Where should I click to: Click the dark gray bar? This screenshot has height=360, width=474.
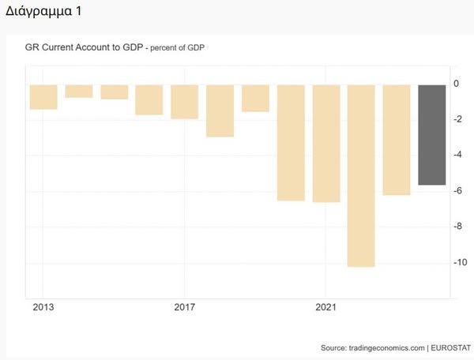coord(431,134)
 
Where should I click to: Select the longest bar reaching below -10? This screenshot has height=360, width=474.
coord(361,175)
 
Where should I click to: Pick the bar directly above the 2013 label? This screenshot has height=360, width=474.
coord(43,96)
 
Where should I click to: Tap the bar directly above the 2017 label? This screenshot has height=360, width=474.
coord(184,101)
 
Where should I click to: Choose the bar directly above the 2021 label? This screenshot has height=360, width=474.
coord(325,143)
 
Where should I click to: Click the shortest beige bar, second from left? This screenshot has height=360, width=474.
coord(79,91)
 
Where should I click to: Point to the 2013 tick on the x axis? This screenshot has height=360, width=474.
coord(43,306)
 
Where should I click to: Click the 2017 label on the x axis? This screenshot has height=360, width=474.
coord(184,306)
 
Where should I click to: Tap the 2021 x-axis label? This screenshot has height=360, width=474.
coord(325,306)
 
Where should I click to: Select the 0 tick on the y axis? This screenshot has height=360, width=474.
coord(456,84)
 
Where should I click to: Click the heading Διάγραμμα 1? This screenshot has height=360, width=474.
coord(43,12)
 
